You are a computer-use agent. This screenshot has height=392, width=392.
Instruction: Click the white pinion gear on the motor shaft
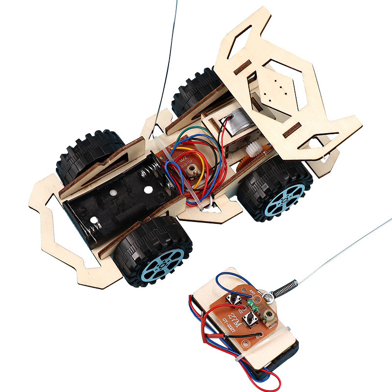(x=254, y=149)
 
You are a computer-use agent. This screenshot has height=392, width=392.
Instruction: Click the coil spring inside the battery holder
(x=147, y=174)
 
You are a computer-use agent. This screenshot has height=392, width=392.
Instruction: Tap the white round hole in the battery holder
(x=112, y=195)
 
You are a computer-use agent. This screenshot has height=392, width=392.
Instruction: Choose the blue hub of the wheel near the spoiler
(x=287, y=199)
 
